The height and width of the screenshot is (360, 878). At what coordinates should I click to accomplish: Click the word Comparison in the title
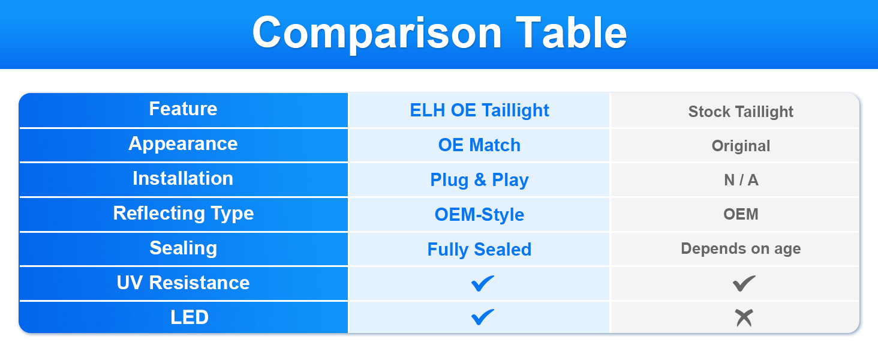coord(377,34)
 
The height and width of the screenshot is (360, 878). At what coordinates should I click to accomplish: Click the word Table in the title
coord(571,32)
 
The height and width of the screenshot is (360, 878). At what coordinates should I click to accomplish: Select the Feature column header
coord(183,109)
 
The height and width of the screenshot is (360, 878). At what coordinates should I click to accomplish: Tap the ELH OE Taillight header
coord(479,110)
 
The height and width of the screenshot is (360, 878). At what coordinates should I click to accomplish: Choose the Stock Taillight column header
coord(741,112)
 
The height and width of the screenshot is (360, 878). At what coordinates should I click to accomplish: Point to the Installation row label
coord(183,178)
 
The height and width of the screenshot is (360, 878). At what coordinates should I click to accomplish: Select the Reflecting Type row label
coord(184,214)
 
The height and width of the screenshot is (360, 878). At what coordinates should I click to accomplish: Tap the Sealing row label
coord(183,248)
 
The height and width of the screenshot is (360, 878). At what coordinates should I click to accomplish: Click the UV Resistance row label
coord(183,283)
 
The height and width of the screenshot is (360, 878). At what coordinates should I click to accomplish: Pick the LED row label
coord(190,317)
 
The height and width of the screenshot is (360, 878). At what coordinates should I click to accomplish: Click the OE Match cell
coord(479,145)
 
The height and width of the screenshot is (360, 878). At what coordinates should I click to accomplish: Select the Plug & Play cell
coord(479,181)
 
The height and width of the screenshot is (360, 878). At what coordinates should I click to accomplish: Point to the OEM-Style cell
coord(479,215)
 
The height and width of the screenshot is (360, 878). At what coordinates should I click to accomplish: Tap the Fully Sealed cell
coord(479,250)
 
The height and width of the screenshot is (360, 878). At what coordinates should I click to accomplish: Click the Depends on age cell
coord(741,248)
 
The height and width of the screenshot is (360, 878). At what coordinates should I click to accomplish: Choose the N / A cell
coord(741,180)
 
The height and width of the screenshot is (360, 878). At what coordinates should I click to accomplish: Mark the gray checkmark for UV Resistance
coord(743,284)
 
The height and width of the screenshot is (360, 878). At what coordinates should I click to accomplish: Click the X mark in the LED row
coord(744,318)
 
